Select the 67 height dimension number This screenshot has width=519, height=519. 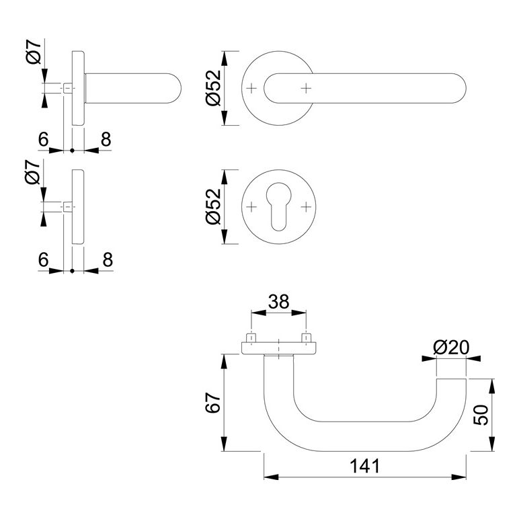(x=212, y=403)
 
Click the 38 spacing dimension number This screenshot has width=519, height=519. (x=278, y=302)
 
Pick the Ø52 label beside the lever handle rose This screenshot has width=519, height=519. (x=213, y=89)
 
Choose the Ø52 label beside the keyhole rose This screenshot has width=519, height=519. (x=213, y=206)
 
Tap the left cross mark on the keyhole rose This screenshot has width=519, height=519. (x=251, y=206)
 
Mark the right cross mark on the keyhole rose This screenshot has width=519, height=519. (x=306, y=206)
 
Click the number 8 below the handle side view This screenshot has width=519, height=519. (x=105, y=139)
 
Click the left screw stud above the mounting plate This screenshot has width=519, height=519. (x=251, y=337)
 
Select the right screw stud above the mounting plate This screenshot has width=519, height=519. (x=307, y=337)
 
